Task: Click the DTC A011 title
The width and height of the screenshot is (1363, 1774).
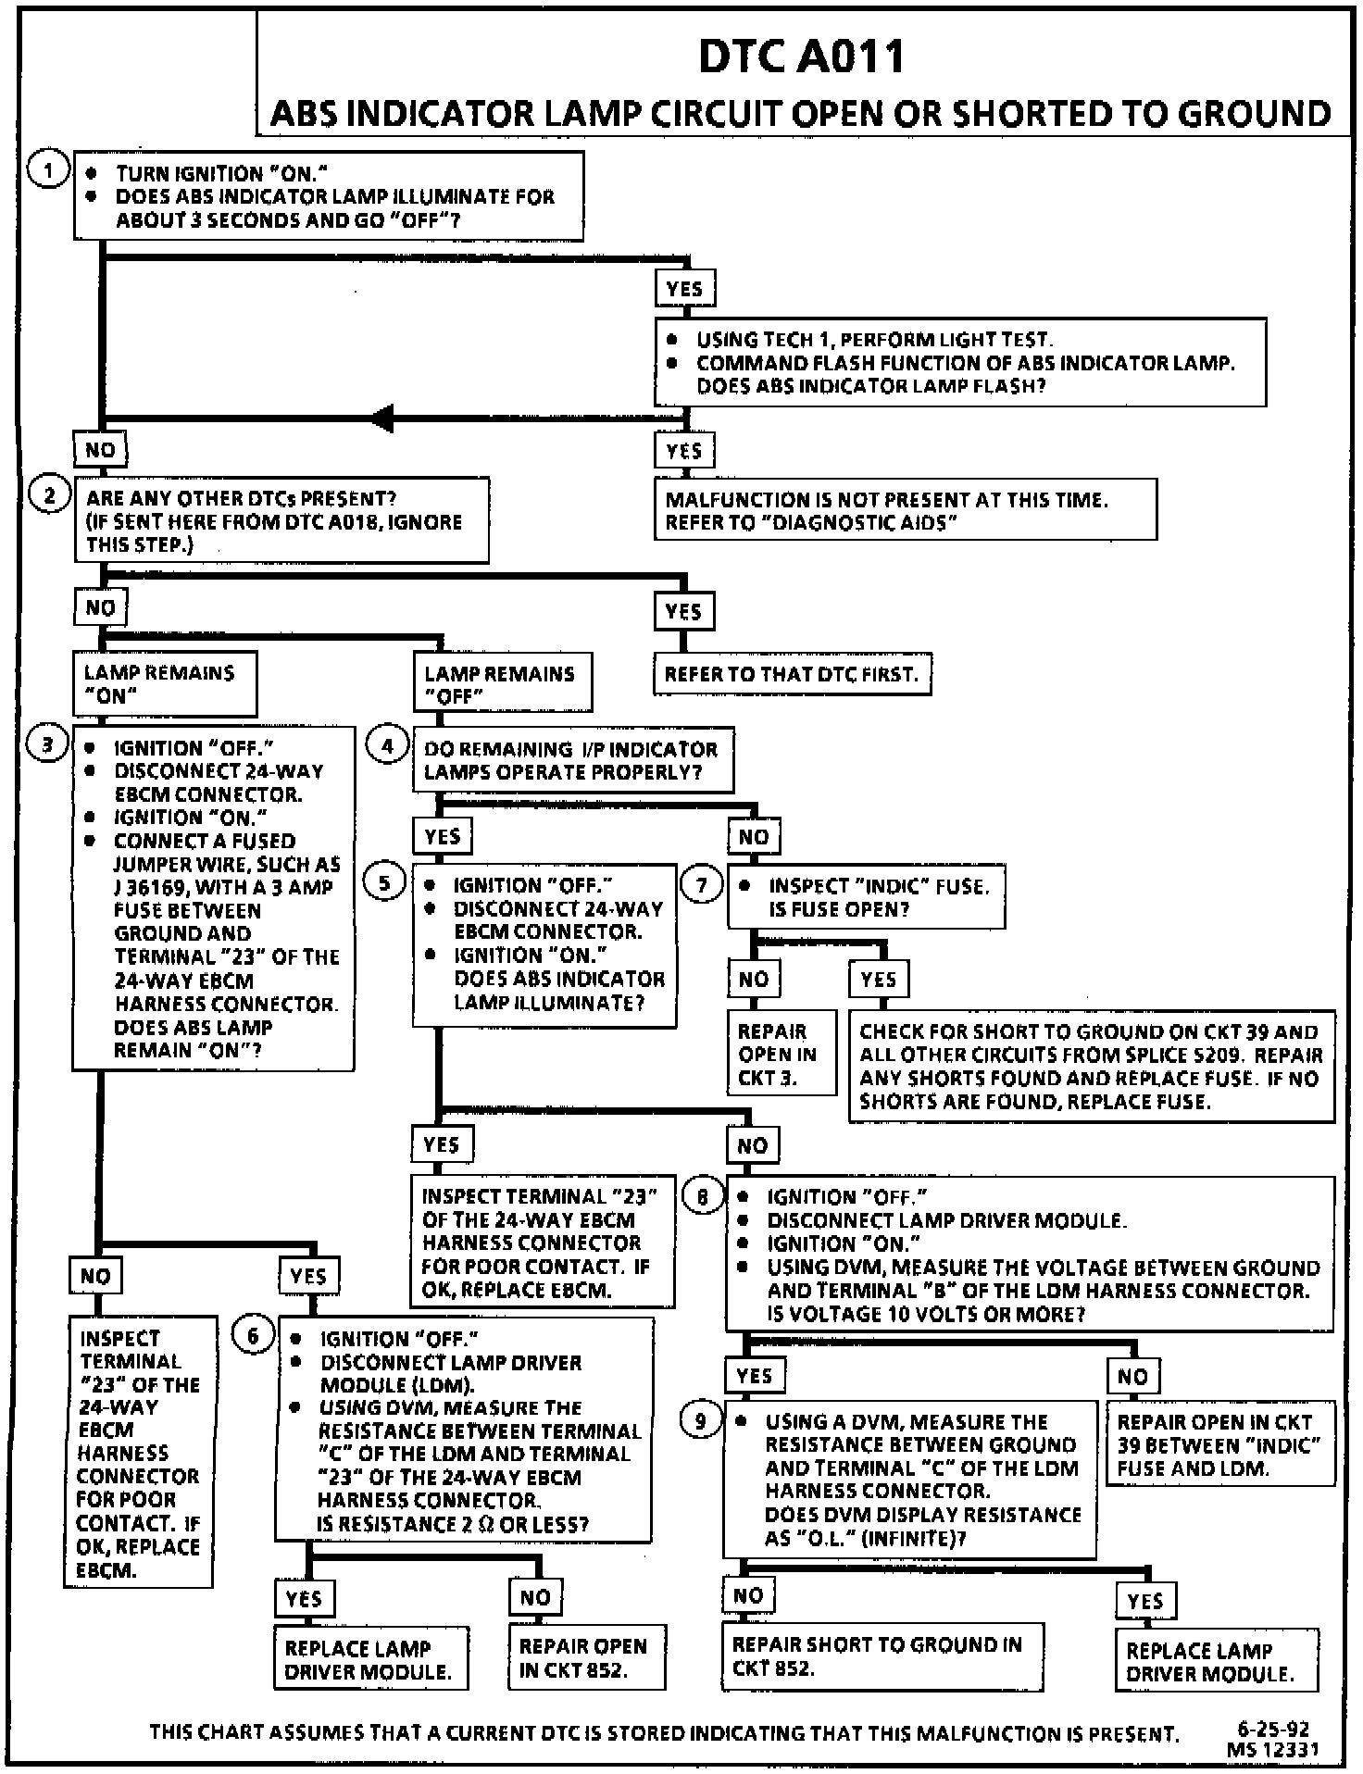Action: point(802,56)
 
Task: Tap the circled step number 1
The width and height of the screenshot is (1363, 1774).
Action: point(48,170)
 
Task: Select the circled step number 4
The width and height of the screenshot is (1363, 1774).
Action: point(387,746)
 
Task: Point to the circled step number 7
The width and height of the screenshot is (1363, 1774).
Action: point(702,885)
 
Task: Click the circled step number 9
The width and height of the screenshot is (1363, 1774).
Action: point(700,1420)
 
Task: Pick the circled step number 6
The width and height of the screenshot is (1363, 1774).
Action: point(253,1335)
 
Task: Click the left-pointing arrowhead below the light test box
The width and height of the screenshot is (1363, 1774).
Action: point(382,419)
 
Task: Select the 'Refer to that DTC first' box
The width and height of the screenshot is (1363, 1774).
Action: point(792,674)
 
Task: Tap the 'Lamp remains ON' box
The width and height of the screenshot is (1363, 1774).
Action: point(165,684)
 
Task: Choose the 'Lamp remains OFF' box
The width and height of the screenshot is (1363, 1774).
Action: point(502,684)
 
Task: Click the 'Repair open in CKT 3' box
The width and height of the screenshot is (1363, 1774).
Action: point(781,1054)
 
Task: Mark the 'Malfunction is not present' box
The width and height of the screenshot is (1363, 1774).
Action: point(905,510)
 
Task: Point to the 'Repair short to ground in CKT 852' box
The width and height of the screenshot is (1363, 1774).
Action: point(882,1656)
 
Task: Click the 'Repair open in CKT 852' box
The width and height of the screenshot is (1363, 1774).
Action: point(586,1657)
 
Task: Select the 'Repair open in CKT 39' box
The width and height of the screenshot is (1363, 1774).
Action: point(1220,1444)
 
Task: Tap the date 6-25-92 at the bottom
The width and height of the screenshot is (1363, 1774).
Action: point(1273,1729)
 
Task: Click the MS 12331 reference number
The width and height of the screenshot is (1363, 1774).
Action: point(1272,1749)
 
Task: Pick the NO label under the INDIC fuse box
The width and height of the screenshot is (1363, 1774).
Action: point(754,979)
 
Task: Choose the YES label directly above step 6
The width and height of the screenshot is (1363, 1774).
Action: point(308,1277)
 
